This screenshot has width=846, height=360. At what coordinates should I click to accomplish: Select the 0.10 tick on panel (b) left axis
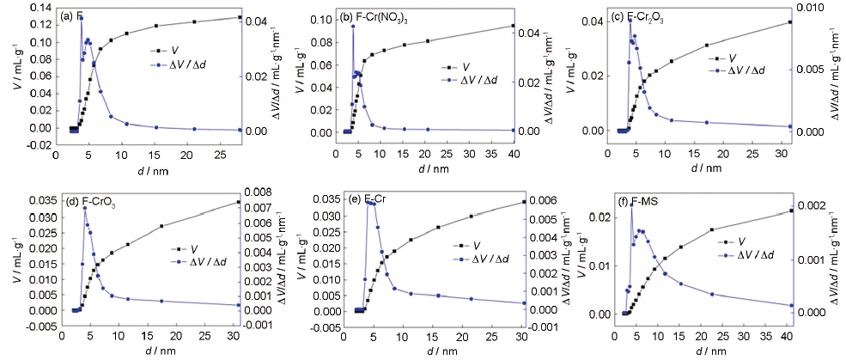[325, 19]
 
